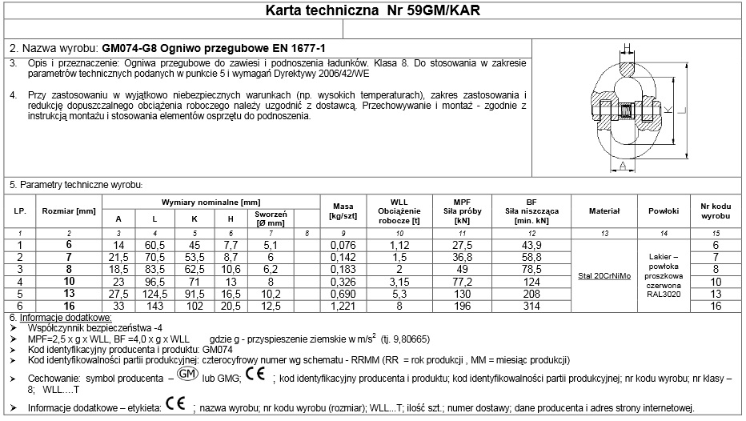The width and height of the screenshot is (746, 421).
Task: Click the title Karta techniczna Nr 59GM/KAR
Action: click(373, 11)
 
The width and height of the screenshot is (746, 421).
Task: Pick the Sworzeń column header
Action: click(271, 219)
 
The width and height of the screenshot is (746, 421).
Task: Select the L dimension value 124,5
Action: click(154, 295)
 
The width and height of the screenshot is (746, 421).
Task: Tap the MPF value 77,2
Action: click(462, 283)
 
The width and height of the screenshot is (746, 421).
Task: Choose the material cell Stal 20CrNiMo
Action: click(605, 276)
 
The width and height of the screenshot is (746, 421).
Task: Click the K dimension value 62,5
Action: click(193, 270)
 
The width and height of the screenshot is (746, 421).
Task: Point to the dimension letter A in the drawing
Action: click(622, 166)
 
